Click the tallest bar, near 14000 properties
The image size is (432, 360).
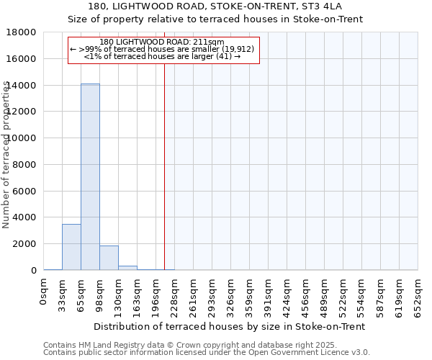[x=90, y=176]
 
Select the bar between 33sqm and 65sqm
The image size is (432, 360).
[x=71, y=247]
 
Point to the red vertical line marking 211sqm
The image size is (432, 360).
[x=164, y=166]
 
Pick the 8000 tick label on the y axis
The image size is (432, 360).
[x=24, y=165]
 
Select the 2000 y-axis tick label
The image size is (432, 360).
[x=24, y=244]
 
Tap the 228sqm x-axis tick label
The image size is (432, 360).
[x=175, y=296]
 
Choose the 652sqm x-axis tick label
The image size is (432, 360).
[x=418, y=296]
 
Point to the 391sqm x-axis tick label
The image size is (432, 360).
[x=269, y=296]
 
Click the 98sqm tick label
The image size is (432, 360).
[x=100, y=294]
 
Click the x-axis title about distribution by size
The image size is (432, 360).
[x=230, y=326]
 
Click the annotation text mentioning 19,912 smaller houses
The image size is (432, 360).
[x=163, y=49]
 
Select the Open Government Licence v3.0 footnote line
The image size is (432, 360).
[x=206, y=353]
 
